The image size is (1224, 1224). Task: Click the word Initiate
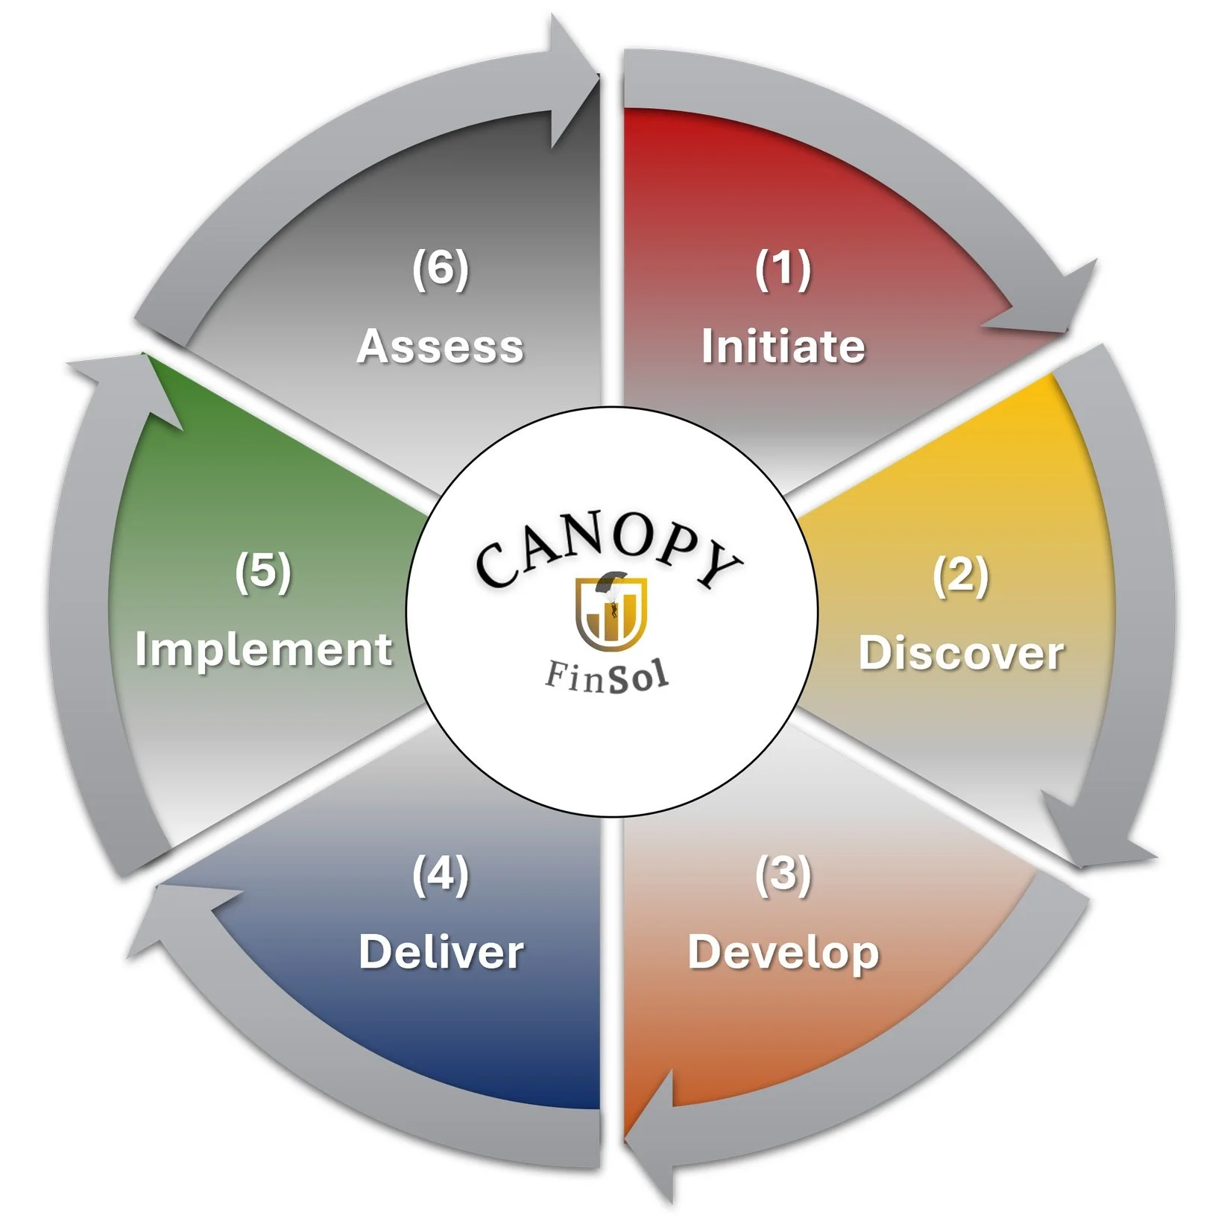tap(783, 347)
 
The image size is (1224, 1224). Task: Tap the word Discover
tap(961, 654)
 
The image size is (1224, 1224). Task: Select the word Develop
tap(783, 953)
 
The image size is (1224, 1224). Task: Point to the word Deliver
tap(441, 952)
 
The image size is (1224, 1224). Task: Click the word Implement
tap(263, 649)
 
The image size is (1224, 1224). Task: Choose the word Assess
tap(441, 347)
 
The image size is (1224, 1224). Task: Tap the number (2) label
tap(961, 575)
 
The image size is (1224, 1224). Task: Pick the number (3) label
tap(783, 874)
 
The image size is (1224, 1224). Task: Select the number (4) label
tap(441, 874)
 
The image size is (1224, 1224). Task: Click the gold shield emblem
tap(611, 614)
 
